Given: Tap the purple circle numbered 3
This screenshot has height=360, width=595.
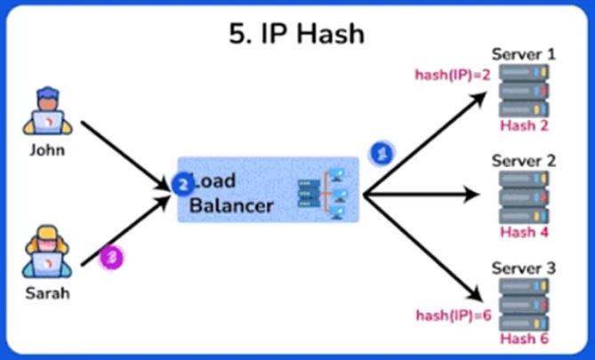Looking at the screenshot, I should pyautogui.click(x=112, y=257).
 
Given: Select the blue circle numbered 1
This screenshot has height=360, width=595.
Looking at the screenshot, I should pyautogui.click(x=381, y=153).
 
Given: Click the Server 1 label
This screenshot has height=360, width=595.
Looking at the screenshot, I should pyautogui.click(x=524, y=55).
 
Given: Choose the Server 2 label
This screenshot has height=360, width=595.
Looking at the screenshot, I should pyautogui.click(x=524, y=161).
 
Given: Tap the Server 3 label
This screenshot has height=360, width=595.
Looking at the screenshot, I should pyautogui.click(x=524, y=268).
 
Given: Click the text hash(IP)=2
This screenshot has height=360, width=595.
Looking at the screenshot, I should pyautogui.click(x=454, y=75).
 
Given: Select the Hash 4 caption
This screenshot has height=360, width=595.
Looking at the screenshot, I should pyautogui.click(x=524, y=233).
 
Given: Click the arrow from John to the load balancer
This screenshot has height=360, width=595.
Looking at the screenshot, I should pyautogui.click(x=125, y=155).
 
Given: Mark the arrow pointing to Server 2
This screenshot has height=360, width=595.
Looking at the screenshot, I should pyautogui.click(x=427, y=193).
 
